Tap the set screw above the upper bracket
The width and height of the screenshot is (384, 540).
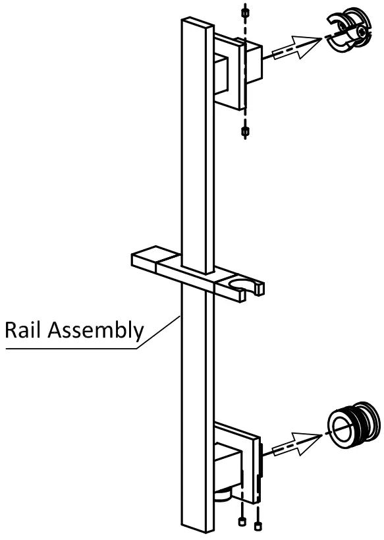tap(245, 14)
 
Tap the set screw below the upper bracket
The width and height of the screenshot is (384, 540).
tap(245, 131)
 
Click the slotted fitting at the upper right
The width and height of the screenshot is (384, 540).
tap(349, 31)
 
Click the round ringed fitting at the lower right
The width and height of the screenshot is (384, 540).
tap(353, 425)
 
